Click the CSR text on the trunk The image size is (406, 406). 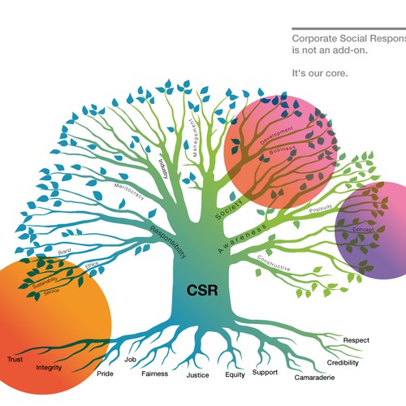(201, 290)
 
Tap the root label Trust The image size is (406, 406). (15, 358)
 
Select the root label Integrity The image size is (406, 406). (50, 368)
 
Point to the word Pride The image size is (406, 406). (106, 374)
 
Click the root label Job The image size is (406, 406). (130, 359)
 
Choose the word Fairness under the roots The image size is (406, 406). (154, 374)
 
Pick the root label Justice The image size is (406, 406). (197, 375)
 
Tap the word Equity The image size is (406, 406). (235, 375)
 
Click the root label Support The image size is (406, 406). (265, 373)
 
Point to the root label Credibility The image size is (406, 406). (343, 362)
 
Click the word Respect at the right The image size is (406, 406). (356, 340)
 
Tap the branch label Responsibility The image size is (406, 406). (169, 241)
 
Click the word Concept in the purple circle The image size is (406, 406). (363, 230)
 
